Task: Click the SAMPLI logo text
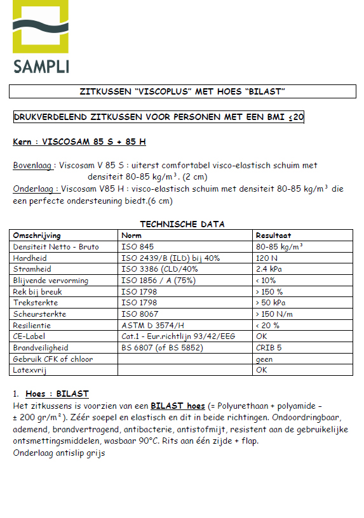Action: click(x=41, y=65)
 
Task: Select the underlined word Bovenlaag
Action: click(x=34, y=166)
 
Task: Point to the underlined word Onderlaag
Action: click(x=36, y=189)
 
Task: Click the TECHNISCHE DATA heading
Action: click(x=182, y=224)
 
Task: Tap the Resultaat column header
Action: click(x=273, y=236)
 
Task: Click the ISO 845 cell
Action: click(x=138, y=246)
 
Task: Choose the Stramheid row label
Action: click(x=32, y=269)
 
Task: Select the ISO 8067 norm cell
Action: click(x=140, y=314)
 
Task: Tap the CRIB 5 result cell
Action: click(x=269, y=348)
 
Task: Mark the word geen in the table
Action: click(x=264, y=359)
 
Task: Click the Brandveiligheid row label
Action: click(x=41, y=348)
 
